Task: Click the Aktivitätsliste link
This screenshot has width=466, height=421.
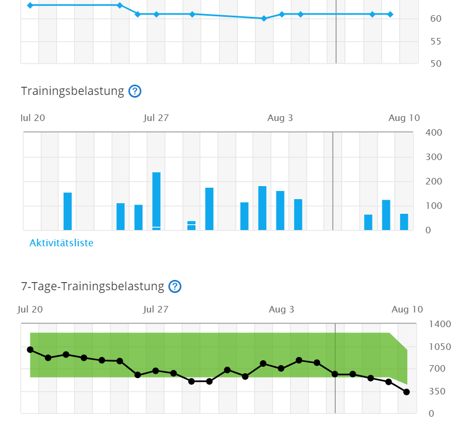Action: pyautogui.click(x=61, y=243)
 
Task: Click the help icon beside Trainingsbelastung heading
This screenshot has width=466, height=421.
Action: pyautogui.click(x=135, y=91)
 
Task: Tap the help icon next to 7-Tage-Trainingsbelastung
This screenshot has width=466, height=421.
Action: pyautogui.click(x=174, y=286)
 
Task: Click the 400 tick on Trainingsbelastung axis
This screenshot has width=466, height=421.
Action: pyautogui.click(x=434, y=133)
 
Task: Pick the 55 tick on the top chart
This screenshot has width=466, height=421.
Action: pyautogui.click(x=436, y=41)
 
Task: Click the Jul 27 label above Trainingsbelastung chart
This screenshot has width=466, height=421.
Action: pyautogui.click(x=157, y=118)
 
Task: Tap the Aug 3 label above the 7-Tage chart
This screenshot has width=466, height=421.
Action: pyautogui.click(x=281, y=310)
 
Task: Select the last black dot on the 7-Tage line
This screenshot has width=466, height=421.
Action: pyautogui.click(x=407, y=392)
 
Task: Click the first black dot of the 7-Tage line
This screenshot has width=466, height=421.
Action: pyautogui.click(x=30, y=350)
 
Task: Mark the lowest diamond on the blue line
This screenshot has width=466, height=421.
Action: pyautogui.click(x=264, y=18)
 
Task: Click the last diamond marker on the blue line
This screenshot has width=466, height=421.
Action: pyautogui.click(x=391, y=14)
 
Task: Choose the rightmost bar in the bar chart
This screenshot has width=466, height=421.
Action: pyautogui.click(x=404, y=222)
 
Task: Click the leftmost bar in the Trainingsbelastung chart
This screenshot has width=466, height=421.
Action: pyautogui.click(x=67, y=211)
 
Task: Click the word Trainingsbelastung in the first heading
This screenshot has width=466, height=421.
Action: pyautogui.click(x=73, y=91)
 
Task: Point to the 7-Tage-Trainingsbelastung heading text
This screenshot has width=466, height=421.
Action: pyautogui.click(x=92, y=286)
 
